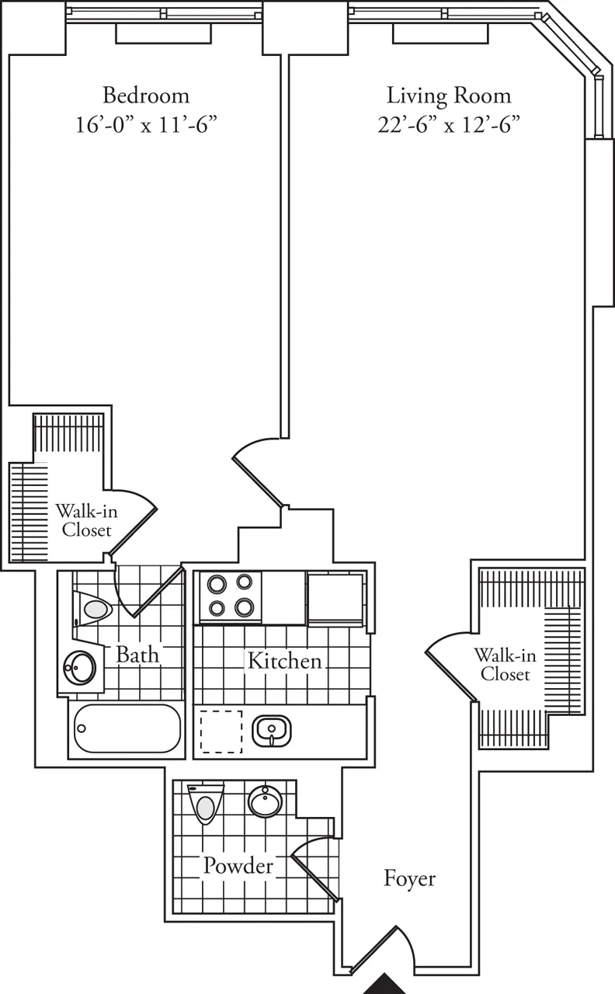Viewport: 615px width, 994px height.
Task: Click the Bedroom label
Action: tap(146, 96)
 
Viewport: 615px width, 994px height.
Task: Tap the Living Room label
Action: tap(449, 96)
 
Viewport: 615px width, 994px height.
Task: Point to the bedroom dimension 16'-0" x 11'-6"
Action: tap(146, 124)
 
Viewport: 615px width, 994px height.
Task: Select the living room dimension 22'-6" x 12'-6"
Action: tap(449, 124)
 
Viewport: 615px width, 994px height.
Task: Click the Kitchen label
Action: tap(284, 662)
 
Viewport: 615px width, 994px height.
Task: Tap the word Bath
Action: tap(137, 654)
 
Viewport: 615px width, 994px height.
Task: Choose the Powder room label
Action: tap(238, 866)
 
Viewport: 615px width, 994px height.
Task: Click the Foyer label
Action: tap(410, 878)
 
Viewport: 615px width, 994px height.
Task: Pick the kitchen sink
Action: tap(271, 730)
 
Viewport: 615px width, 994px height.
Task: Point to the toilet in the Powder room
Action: tap(205, 805)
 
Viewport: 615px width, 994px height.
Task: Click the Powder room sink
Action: tap(265, 801)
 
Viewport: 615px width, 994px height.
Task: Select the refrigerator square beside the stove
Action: tap(335, 598)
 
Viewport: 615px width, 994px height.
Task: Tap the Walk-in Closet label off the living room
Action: tap(505, 664)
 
